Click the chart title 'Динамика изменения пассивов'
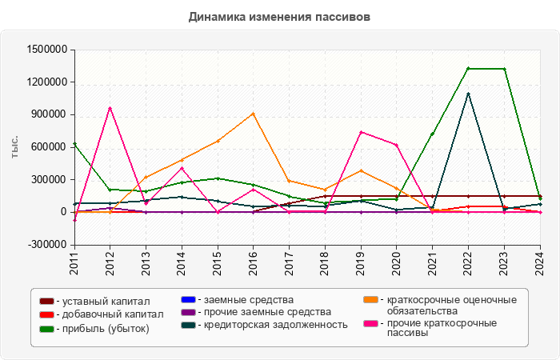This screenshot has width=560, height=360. click(x=280, y=16)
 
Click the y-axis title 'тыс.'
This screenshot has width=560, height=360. click(x=15, y=146)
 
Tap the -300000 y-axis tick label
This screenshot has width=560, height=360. click(x=46, y=245)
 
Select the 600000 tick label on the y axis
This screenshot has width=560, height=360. click(x=46, y=147)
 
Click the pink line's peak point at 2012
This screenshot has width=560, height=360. click(x=110, y=108)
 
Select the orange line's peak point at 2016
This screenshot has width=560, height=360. click(x=254, y=114)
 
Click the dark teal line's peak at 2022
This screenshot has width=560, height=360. click(x=468, y=94)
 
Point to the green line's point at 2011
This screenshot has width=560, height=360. click(x=74, y=144)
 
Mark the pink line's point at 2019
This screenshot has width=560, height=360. click(x=361, y=132)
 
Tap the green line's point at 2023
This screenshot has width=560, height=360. click(x=504, y=69)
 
